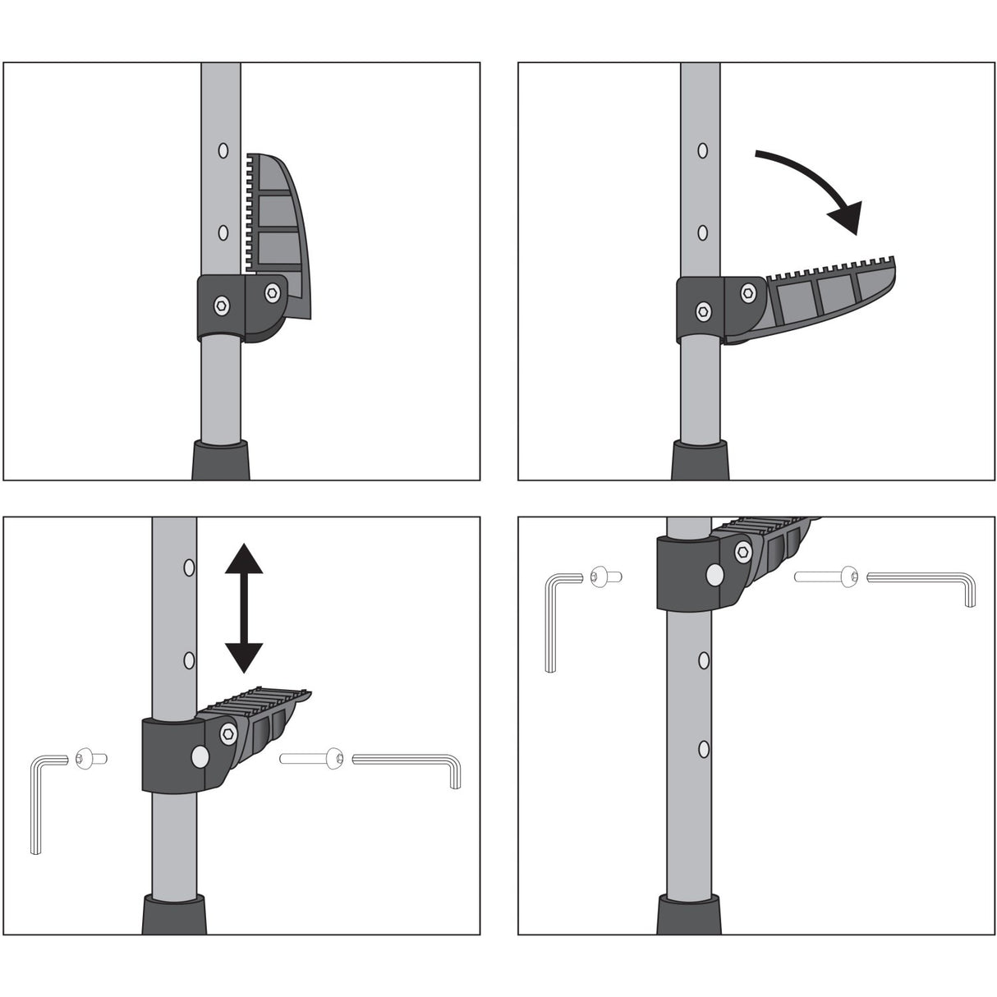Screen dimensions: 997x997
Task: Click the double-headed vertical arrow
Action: click(x=244, y=608)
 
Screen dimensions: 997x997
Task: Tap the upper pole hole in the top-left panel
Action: click(x=222, y=150)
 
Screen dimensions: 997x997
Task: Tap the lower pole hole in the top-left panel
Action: click(x=222, y=232)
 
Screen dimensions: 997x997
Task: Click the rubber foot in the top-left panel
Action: click(x=219, y=460)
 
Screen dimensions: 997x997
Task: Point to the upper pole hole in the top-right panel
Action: click(x=702, y=150)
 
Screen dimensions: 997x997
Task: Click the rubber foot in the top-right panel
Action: click(x=701, y=460)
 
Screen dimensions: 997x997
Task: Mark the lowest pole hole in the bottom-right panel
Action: click(x=704, y=748)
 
